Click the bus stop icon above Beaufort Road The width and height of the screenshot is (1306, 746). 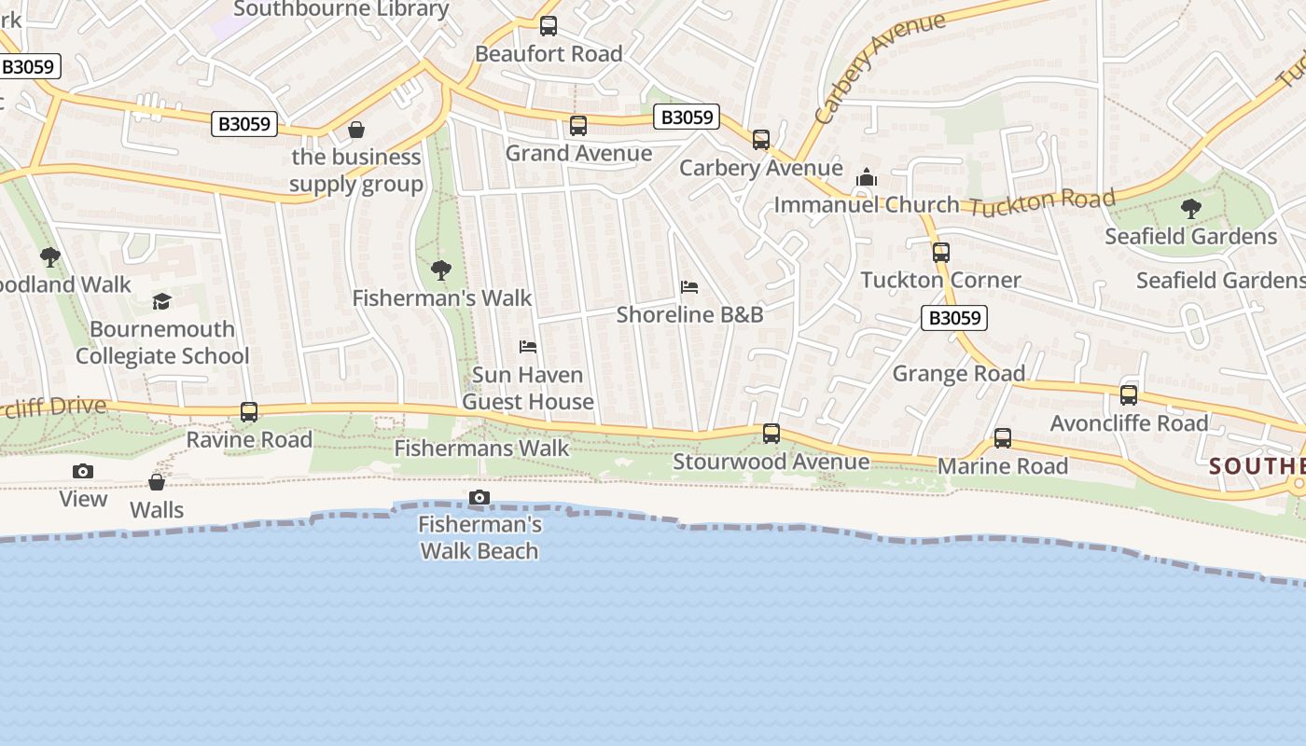click(549, 26)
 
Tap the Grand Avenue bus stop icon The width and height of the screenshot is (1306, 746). click(578, 126)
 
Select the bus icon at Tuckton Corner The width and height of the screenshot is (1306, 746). click(940, 253)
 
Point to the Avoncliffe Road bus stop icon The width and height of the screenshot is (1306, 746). click(1129, 395)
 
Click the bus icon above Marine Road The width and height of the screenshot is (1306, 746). click(1002, 438)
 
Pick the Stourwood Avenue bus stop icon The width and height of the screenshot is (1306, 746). click(771, 434)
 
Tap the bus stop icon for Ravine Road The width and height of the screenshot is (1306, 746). click(249, 412)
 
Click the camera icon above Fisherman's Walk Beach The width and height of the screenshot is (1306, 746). click(479, 498)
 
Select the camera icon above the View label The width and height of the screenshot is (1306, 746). click(83, 472)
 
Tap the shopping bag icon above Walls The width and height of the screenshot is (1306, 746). click(157, 482)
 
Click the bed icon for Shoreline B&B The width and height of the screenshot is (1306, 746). click(689, 287)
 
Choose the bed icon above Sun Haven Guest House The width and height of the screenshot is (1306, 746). click(528, 348)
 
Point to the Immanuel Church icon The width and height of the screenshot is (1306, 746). click(867, 177)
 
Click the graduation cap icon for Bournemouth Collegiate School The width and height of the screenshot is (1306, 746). click(162, 301)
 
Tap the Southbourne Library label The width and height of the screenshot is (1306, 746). click(341, 9)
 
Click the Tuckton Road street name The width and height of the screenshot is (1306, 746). click(1041, 201)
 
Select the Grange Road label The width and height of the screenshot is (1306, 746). click(959, 374)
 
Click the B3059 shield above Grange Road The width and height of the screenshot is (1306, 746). click(953, 318)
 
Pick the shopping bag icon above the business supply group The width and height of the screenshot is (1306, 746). click(355, 130)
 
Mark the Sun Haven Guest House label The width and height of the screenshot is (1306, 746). click(528, 389)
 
